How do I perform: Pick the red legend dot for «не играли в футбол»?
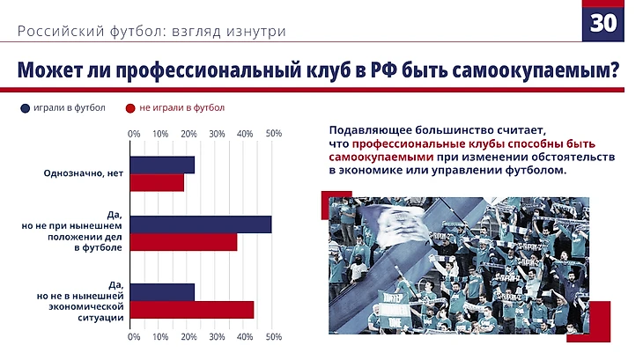(x=129, y=109)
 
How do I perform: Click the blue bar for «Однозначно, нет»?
(x=162, y=165)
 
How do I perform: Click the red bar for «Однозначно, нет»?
(x=157, y=182)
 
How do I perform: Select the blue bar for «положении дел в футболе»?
(x=201, y=224)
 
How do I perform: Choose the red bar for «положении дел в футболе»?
(x=184, y=241)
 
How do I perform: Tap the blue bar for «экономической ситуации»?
(x=162, y=292)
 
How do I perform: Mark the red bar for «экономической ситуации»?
(x=192, y=309)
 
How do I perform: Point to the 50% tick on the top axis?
(x=273, y=134)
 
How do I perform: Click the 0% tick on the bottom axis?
(x=134, y=336)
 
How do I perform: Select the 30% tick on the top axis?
(x=218, y=134)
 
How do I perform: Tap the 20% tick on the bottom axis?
(x=189, y=336)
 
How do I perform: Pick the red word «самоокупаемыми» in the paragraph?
(x=367, y=157)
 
